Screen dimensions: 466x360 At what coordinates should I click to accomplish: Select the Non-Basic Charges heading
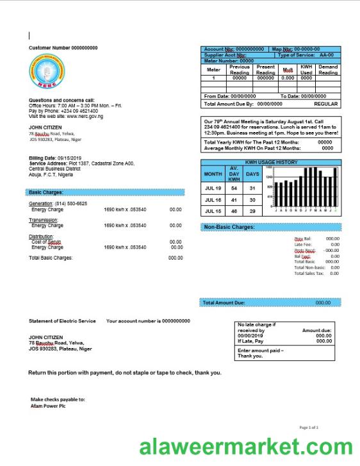229,227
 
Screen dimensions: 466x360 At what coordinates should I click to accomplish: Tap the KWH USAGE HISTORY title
270,162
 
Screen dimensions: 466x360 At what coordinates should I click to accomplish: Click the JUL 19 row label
213,188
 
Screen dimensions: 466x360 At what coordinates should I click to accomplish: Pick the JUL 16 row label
213,200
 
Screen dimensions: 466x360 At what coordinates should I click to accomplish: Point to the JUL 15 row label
213,212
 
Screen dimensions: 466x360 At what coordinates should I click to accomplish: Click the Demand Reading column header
328,70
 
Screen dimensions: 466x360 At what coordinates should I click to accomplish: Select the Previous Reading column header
240,70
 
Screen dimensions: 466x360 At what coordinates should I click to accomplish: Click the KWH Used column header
306,70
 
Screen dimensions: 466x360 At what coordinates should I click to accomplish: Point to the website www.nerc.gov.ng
85,116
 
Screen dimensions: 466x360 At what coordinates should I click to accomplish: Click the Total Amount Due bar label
224,303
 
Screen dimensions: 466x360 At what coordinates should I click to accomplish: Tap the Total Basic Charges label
51,258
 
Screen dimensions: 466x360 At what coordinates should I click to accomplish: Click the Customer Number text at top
63,48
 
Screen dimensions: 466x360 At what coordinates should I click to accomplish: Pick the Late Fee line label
302,244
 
